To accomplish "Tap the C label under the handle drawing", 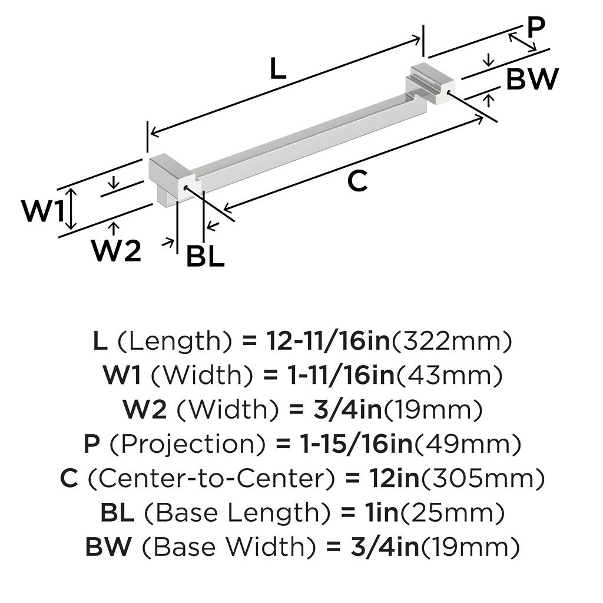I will (x=357, y=181).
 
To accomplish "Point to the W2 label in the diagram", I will (x=116, y=251).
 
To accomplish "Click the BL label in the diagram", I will (x=206, y=257).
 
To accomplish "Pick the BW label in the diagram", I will (x=532, y=79).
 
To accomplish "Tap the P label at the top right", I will (x=536, y=27).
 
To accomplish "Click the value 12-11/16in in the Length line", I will (x=328, y=341).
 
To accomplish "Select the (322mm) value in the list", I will (x=452, y=341).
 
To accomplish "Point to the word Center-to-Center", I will (x=207, y=479).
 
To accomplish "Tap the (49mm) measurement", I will (x=467, y=443).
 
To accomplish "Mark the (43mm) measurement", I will (x=449, y=375).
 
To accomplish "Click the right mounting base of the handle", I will (x=432, y=83).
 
